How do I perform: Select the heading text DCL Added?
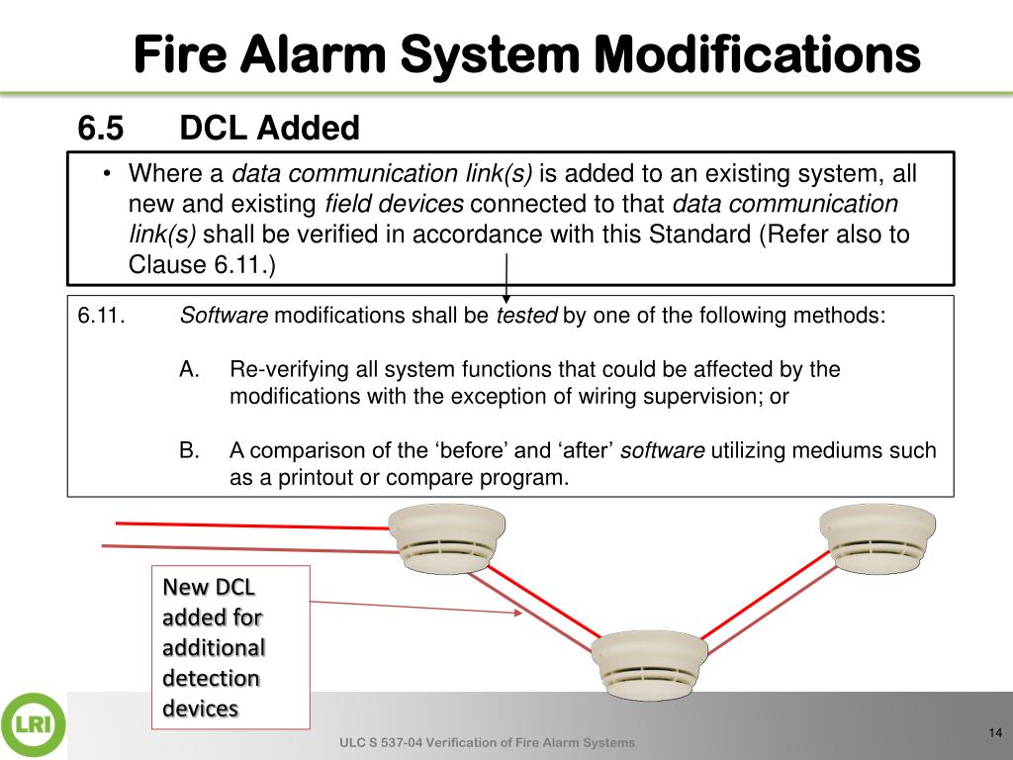pos(269,129)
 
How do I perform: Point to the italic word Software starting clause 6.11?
pos(224,317)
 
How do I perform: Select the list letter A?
pos(190,370)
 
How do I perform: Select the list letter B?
pos(190,451)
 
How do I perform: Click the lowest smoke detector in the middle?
pos(650,663)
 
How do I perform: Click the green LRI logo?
pos(33,725)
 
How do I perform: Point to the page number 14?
pos(995,732)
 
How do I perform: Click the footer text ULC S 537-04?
pos(382,743)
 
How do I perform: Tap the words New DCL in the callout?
pos(209,587)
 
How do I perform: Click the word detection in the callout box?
pos(211,679)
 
